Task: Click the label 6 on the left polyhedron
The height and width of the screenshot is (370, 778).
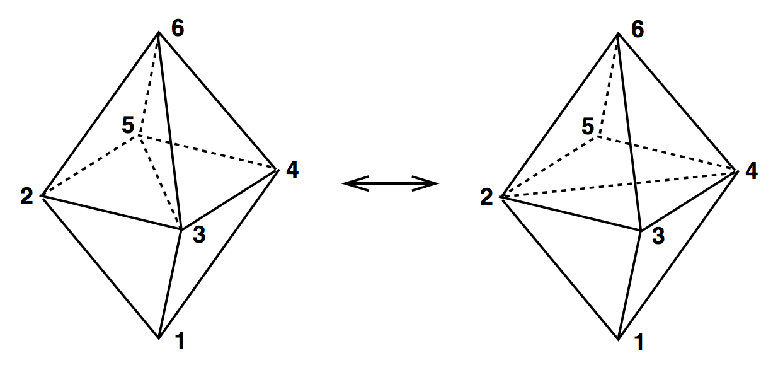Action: [178, 29]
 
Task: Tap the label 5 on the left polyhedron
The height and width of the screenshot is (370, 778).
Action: [128, 126]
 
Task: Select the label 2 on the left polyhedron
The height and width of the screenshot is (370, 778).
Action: [26, 197]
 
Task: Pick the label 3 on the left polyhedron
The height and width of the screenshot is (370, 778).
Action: [199, 236]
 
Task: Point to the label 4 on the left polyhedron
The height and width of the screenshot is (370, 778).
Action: [292, 170]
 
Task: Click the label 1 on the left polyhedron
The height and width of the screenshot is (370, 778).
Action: [180, 342]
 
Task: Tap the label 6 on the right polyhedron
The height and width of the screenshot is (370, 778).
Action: [638, 29]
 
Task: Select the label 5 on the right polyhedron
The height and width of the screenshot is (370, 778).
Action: [588, 127]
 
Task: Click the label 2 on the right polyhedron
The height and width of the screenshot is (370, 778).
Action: [486, 197]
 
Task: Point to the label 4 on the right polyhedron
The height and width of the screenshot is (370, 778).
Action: [751, 171]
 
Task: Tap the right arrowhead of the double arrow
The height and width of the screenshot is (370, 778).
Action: [431, 183]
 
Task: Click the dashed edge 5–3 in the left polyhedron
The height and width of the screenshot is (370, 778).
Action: [161, 183]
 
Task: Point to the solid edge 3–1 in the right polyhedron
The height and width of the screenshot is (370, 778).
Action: [630, 284]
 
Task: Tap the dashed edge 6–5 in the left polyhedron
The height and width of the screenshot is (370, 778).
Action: [149, 85]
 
